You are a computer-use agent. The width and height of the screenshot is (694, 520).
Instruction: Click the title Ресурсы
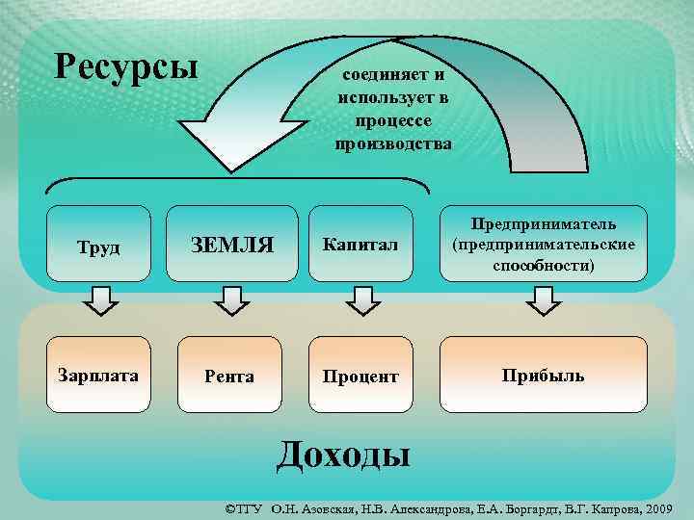coord(126,66)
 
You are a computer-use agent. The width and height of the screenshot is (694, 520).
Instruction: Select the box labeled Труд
coord(99,247)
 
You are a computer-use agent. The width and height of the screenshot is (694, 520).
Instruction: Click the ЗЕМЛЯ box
coord(231,247)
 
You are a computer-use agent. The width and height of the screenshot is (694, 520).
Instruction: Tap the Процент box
coord(361,376)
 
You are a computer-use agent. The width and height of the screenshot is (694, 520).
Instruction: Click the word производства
coord(392,145)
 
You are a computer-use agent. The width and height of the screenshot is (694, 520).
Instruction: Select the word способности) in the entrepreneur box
coord(544,265)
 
